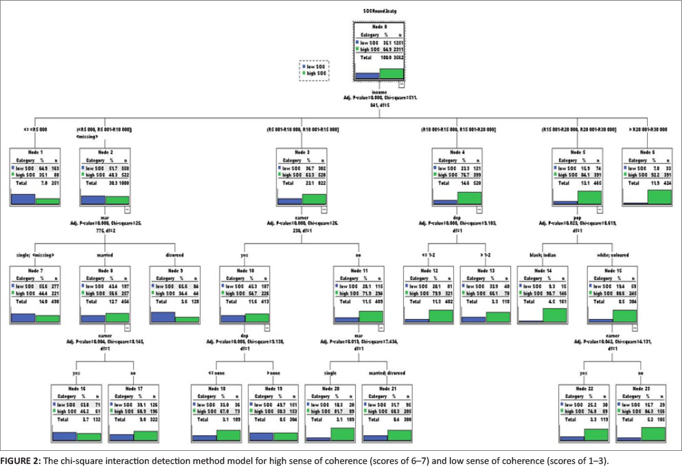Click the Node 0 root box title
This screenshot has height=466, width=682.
click(379, 25)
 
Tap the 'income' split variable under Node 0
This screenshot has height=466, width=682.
click(378, 91)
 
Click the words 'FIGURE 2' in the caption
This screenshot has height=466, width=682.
click(20, 457)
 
